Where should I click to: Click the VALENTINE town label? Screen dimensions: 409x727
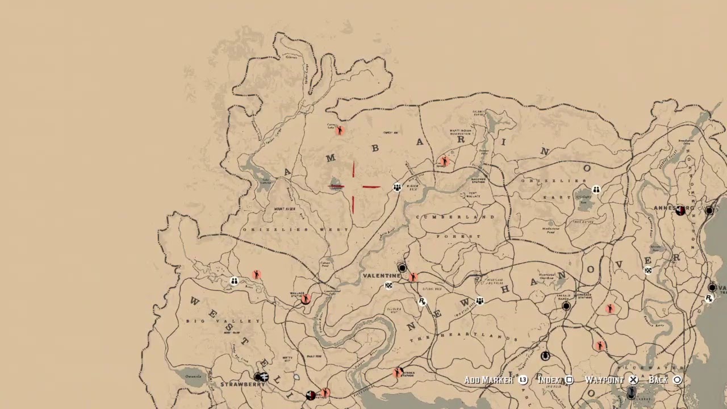pos(382,276)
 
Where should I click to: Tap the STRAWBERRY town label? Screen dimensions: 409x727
pos(243,385)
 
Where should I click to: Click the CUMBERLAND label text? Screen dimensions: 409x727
pos(456,217)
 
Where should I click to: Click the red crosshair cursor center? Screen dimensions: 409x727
pos(353,186)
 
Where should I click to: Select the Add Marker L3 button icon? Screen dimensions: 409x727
pos(523,380)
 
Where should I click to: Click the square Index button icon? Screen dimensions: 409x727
pos(569,380)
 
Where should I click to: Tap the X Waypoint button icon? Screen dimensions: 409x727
pos(633,380)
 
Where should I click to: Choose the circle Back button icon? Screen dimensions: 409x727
pos(677,380)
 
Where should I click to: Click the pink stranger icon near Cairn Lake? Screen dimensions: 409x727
pos(340,131)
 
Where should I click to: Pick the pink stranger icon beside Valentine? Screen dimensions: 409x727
pos(413,277)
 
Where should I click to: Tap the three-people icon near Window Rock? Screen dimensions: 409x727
pos(397,187)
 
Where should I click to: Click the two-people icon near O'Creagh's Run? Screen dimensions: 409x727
pos(596,189)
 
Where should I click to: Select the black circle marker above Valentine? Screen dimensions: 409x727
pos(402,268)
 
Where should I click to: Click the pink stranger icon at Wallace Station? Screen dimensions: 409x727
pos(306,299)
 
